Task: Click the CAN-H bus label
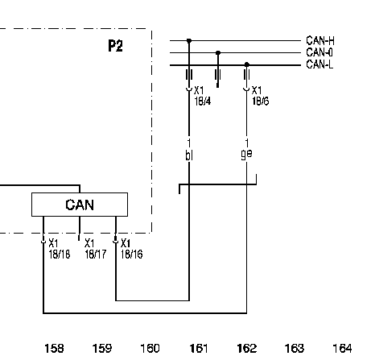pyautogui.click(x=320, y=41)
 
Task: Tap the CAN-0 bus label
pyautogui.click(x=319, y=52)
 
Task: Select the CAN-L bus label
pyautogui.click(x=319, y=64)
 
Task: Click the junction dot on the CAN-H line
pyautogui.click(x=189, y=41)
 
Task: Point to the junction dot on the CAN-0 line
pyautogui.click(x=218, y=53)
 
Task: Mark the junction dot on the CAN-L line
pyautogui.click(x=247, y=64)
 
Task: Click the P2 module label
pyautogui.click(x=115, y=46)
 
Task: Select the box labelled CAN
pyautogui.click(x=80, y=205)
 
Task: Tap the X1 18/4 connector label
pyautogui.click(x=203, y=96)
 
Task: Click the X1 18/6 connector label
pyautogui.click(x=260, y=96)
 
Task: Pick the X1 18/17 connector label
pyautogui.click(x=96, y=249)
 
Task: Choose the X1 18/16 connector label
pyautogui.click(x=132, y=249)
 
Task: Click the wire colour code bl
pyautogui.click(x=189, y=155)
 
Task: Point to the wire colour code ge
pyautogui.click(x=246, y=155)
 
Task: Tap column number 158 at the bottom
pyautogui.click(x=54, y=349)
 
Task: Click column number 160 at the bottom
pyautogui.click(x=150, y=349)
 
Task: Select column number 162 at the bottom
pyautogui.click(x=247, y=349)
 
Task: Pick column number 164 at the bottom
pyautogui.click(x=342, y=349)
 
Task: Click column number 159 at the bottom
pyautogui.click(x=102, y=349)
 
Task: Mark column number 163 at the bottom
pyautogui.click(x=295, y=349)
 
